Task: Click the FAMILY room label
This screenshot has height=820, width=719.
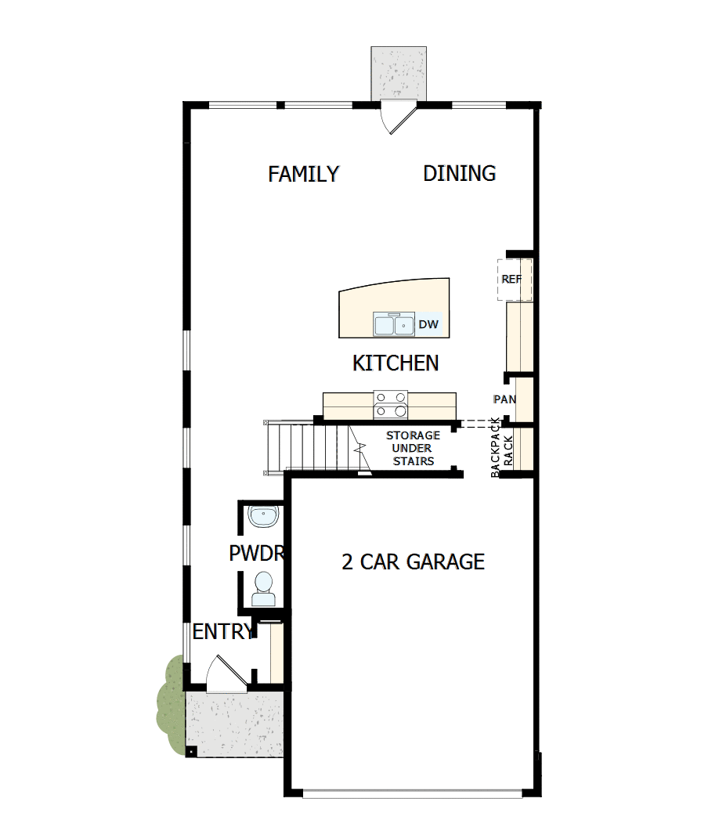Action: (303, 174)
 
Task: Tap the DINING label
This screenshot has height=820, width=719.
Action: (459, 173)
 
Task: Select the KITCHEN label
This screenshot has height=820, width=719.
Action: (395, 363)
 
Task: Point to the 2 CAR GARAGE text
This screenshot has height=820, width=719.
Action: (413, 562)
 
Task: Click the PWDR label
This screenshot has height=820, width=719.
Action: (255, 554)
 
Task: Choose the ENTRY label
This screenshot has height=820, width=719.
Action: (222, 632)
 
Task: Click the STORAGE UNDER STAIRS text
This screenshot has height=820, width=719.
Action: (413, 448)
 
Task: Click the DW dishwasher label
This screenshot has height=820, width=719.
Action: (428, 324)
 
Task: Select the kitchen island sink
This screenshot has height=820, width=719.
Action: (393, 323)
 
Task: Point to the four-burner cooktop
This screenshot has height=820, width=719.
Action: (391, 404)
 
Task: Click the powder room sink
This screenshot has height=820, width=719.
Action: (262, 517)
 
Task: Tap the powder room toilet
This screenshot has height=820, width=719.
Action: (263, 587)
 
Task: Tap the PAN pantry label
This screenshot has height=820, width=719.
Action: (504, 399)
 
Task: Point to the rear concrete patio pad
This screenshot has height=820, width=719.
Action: (399, 73)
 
